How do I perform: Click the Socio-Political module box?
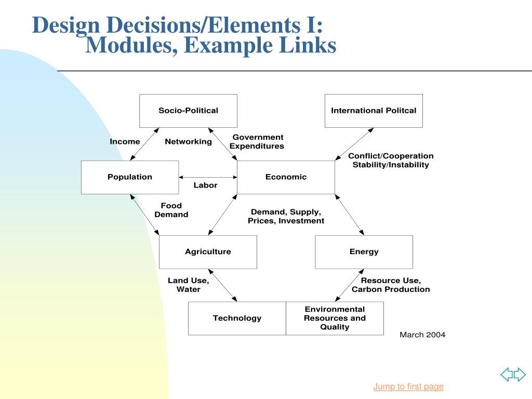(x=188, y=111)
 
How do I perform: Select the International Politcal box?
(x=374, y=111)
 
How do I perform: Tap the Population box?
(x=130, y=177)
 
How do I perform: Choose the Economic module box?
(x=286, y=177)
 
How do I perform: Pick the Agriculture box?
(x=208, y=252)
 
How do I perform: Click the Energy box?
(x=364, y=252)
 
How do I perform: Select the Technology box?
(x=237, y=318)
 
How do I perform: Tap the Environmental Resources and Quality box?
(x=335, y=318)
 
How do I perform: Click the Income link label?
(x=125, y=142)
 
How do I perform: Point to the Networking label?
(x=188, y=142)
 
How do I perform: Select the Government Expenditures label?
(x=257, y=142)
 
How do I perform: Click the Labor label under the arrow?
(x=205, y=185)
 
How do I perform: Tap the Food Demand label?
(x=171, y=210)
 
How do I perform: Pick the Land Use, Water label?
(x=188, y=285)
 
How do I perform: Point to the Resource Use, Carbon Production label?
(x=391, y=285)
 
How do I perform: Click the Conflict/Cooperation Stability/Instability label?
(x=391, y=161)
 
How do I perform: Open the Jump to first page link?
(x=408, y=387)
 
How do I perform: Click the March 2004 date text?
(x=422, y=335)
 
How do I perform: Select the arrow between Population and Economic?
(x=208, y=177)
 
